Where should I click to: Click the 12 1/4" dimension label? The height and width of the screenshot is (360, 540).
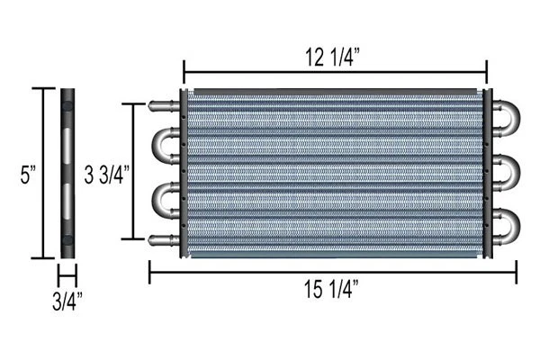(x=333, y=58)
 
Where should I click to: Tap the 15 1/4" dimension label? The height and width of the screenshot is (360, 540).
(x=331, y=289)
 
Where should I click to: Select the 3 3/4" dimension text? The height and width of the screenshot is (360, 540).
(x=106, y=175)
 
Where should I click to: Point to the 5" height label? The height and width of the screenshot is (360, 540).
(x=28, y=175)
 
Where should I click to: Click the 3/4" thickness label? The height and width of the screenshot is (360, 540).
(x=67, y=301)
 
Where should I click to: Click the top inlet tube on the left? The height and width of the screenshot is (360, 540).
(x=165, y=106)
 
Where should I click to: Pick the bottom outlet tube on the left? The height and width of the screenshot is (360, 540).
(x=165, y=239)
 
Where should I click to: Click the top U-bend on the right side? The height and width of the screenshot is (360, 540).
(x=516, y=118)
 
